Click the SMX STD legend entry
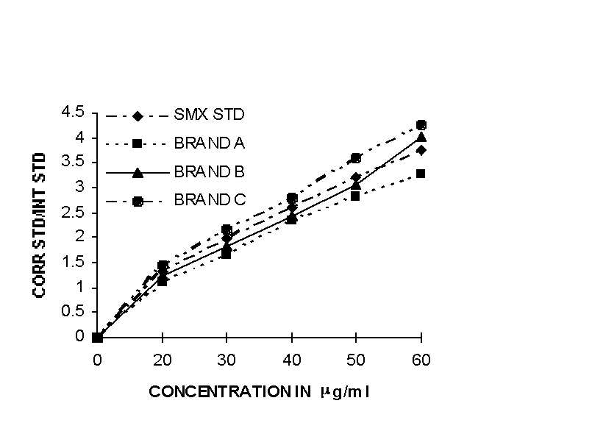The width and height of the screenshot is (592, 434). point(209,115)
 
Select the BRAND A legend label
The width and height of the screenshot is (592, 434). point(210,143)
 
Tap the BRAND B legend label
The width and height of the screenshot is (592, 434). point(210,171)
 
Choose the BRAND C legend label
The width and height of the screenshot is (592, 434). point(210,199)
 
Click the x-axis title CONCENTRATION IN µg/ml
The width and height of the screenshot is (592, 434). point(259,391)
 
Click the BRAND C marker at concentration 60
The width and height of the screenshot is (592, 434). point(421,125)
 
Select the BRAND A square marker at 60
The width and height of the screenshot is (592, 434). point(421,174)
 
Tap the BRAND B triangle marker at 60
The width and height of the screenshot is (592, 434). point(421,137)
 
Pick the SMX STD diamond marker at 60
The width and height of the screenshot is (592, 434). point(421,150)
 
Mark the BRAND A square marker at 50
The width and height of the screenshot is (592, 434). point(356,196)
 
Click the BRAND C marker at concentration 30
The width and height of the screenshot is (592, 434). point(227,230)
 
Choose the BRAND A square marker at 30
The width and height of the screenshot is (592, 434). point(227,254)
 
